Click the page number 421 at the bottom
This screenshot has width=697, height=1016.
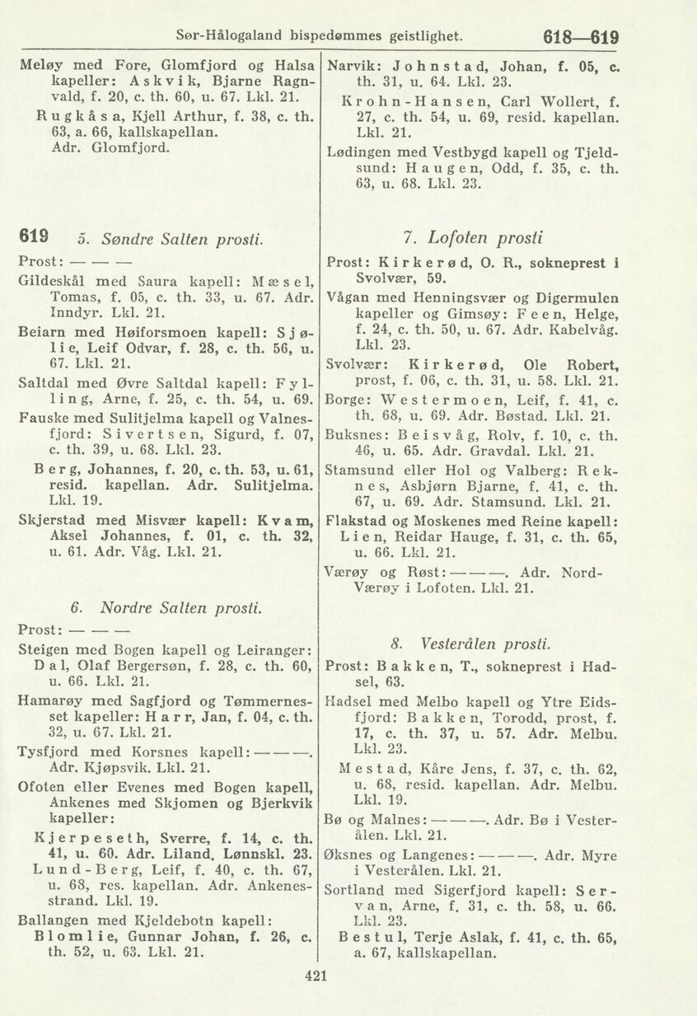coord(316,977)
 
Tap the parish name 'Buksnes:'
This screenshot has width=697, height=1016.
coord(355,434)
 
